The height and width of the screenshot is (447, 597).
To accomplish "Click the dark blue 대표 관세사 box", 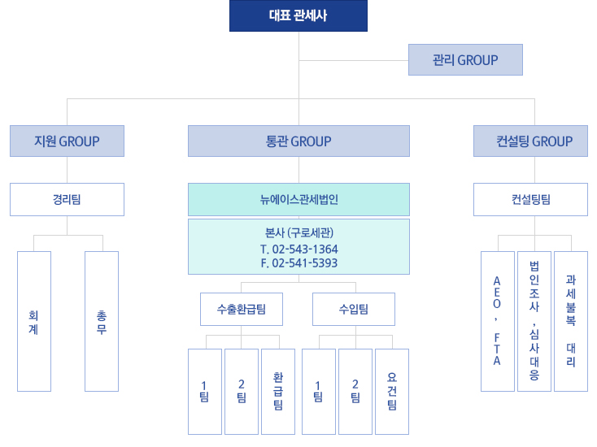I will point(298,15).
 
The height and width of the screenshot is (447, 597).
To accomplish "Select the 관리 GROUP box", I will point(465,60).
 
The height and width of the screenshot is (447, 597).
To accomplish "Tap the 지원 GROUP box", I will point(67,141).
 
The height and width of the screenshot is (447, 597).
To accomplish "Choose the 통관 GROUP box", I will point(298,141).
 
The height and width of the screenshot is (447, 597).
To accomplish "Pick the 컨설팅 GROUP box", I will point(534,141).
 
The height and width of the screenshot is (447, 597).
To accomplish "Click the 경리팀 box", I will point(67,199).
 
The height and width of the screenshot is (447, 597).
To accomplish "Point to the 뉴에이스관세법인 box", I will point(298,199).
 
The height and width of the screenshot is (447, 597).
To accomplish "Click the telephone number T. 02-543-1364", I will point(299,249).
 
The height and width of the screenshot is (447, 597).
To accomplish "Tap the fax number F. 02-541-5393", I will point(299,263).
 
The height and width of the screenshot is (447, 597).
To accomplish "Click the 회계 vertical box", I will point(33,322).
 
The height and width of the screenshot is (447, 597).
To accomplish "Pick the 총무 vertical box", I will point(101,322).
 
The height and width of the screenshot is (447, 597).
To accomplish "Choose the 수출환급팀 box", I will point(242,309).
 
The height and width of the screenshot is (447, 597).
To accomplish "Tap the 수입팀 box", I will point(354,309).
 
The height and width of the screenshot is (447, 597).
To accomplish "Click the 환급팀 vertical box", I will point(278,391).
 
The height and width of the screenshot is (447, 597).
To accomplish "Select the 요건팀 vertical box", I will point(392,391).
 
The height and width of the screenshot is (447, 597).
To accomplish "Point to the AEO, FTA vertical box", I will point(497,322).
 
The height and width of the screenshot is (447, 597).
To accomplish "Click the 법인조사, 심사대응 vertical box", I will point(534,322).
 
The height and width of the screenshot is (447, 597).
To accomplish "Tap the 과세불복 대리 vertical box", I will point(570,322).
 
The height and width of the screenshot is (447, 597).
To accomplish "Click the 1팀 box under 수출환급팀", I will point(204,391).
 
